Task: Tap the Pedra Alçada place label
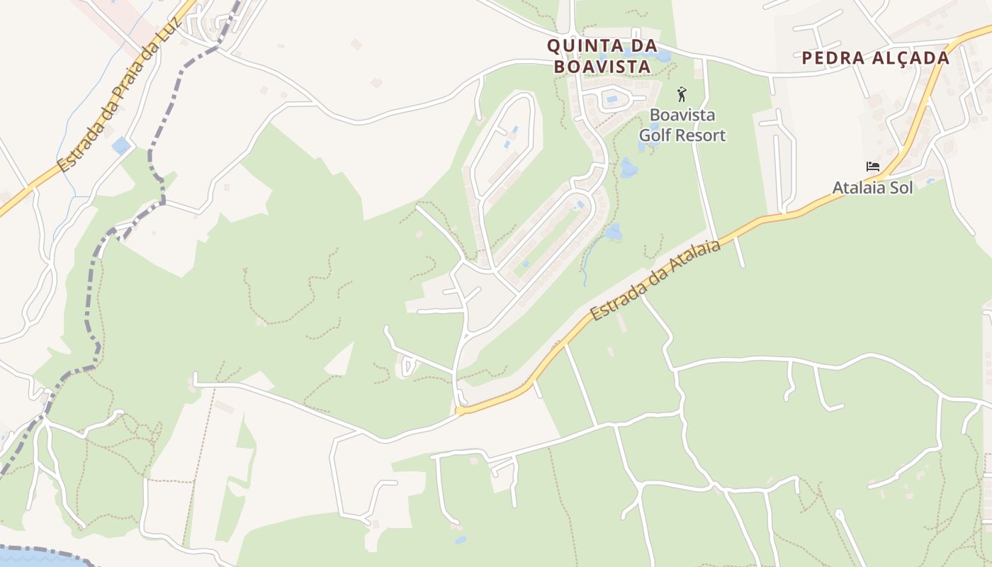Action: coord(875,58)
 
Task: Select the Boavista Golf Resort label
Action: coord(682,125)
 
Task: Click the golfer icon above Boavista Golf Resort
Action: coord(682,94)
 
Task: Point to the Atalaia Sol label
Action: coord(872,188)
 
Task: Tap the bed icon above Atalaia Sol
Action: coord(873,167)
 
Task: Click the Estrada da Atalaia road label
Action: coord(655,280)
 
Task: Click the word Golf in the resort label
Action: coord(657,135)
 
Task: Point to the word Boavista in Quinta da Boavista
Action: coord(602,67)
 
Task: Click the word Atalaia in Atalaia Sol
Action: coord(858,188)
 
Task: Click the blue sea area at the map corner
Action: coord(35,558)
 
